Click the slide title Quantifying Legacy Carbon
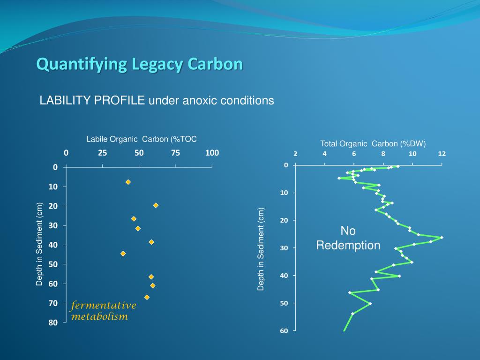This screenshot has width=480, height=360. click(140, 64)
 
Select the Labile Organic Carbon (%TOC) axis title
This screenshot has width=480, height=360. click(141, 139)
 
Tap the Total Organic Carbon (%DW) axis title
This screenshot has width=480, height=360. click(373, 144)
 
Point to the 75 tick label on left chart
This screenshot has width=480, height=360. click(175, 153)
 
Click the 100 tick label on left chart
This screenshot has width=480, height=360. click(212, 153)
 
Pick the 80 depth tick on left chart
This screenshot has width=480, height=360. click(53, 322)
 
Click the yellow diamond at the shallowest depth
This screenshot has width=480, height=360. click(128, 182)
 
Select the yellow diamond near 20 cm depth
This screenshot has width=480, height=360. click(156, 205)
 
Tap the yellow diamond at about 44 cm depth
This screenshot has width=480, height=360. click(123, 254)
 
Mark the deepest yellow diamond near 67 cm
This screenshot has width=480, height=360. click(147, 297)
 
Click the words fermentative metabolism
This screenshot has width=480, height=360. click(103, 311)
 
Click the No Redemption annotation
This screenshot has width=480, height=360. click(348, 238)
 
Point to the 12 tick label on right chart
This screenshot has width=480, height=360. click(442, 154)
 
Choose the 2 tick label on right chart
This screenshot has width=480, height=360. click(295, 154)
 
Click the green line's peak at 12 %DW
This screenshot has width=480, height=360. click(442, 238)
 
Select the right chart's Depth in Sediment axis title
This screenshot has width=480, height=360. click(261, 249)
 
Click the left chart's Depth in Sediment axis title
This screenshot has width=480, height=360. click(40, 244)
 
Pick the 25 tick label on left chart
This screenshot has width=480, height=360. click(103, 153)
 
